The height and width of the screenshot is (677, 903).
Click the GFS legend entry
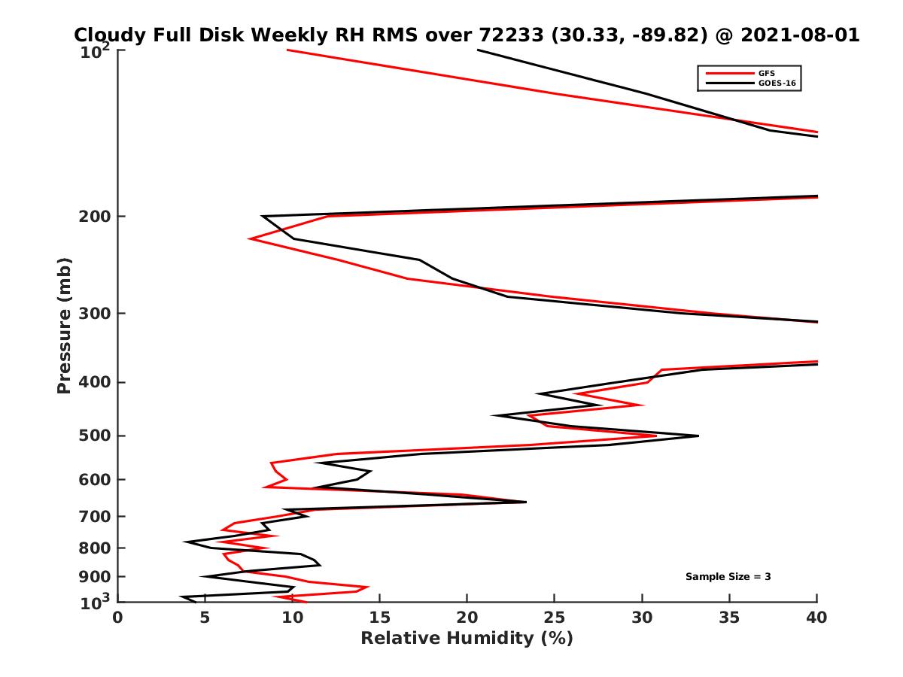point(768,74)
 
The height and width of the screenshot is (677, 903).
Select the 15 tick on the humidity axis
point(380,618)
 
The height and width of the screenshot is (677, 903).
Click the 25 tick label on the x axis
point(555,618)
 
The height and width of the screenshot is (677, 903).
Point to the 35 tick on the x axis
point(729,618)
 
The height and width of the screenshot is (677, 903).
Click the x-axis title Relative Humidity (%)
point(467,639)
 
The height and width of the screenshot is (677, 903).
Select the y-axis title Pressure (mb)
point(64,325)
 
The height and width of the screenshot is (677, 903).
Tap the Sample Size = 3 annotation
point(728,577)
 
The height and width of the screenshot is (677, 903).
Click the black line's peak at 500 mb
point(698,436)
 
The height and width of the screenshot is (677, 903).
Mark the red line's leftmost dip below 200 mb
point(250,239)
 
